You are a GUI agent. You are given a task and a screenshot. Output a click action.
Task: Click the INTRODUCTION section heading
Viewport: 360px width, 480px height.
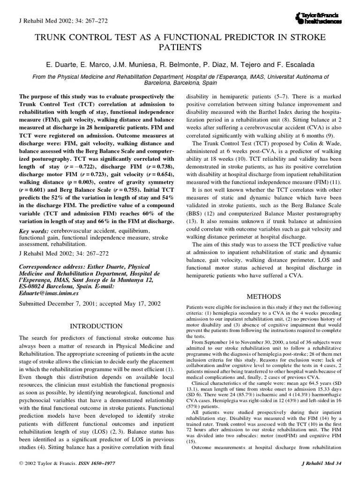tap(96, 326)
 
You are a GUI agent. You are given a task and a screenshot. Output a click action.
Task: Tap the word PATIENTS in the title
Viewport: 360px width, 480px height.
tap(180, 47)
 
